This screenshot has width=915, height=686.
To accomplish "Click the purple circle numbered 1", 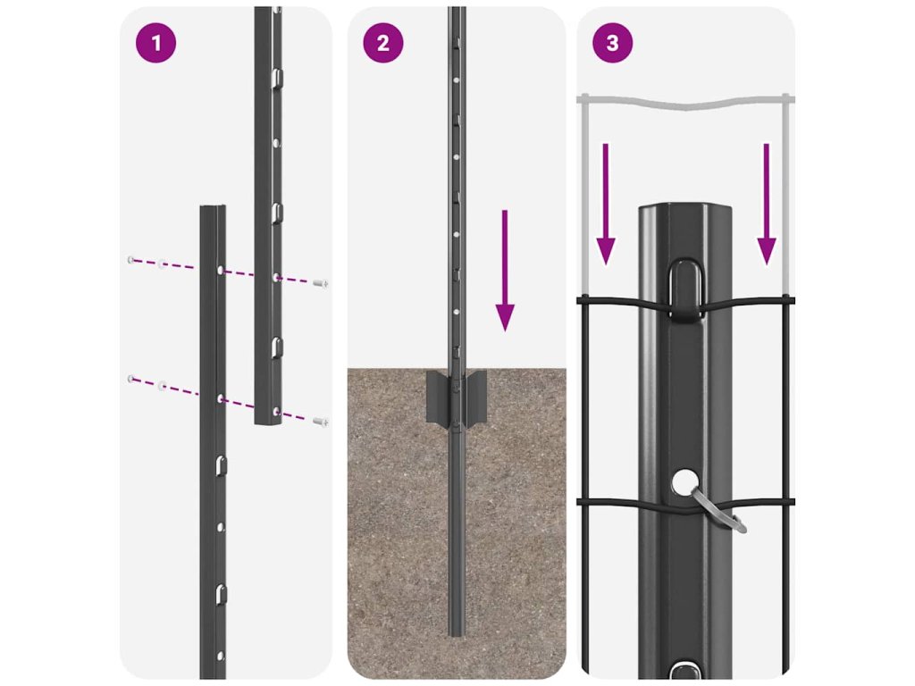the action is pos(155,43).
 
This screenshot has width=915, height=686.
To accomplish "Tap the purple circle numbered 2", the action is pos(382,43).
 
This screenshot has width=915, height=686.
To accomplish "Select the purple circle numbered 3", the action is pos(612,43).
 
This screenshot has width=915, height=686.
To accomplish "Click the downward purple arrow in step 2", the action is pos(505,271).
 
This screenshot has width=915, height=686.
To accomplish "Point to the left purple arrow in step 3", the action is pos(606,205).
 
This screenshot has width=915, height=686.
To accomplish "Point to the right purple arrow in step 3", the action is pos(766,205).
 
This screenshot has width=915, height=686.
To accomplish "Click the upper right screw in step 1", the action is pos(321,283).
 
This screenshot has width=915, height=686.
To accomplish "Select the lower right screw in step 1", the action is pos(321,422).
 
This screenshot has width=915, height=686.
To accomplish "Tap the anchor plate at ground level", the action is pos(457,397).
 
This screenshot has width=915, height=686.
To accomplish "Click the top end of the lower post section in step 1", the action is pos(213,207).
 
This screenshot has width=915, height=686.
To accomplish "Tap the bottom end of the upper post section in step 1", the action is pos(268,422).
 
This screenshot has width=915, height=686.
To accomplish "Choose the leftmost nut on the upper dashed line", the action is pos(131,260).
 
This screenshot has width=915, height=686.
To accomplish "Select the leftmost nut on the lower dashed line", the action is pos(131,379).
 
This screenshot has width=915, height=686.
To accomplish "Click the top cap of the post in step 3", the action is pos(685,209).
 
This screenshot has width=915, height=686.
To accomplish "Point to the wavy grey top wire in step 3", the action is pos(685,103).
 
